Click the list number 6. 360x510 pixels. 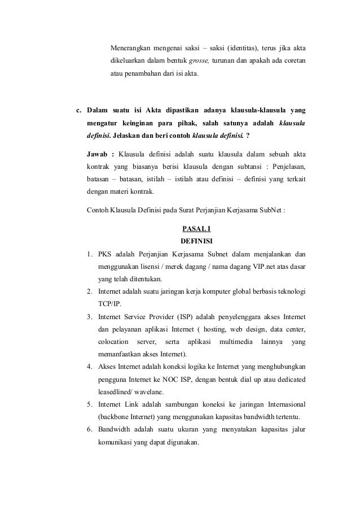tap(90, 430)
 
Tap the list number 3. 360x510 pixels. tap(90, 317)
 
